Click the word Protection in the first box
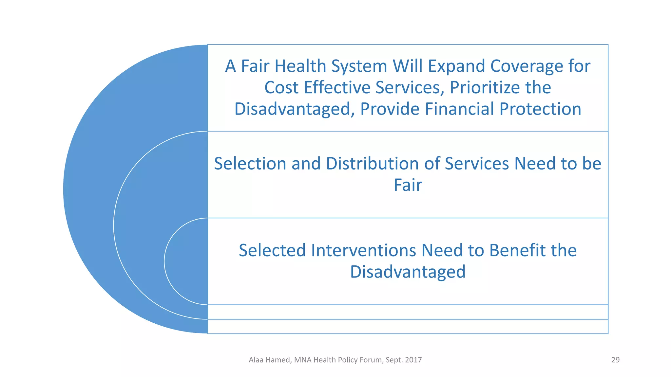[540, 109]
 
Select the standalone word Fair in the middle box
[408, 185]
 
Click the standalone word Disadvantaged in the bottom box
[408, 272]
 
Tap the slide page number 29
[615, 360]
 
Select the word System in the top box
[359, 66]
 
